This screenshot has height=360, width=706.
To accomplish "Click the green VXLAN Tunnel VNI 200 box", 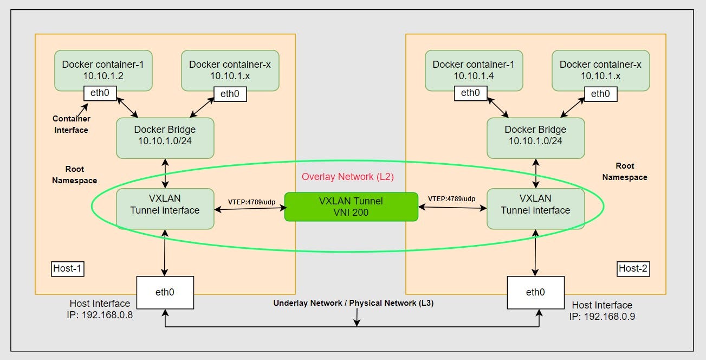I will click(x=351, y=207).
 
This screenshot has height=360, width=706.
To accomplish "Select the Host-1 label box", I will click(x=68, y=268).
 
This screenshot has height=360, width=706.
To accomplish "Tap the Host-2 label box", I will click(x=633, y=268).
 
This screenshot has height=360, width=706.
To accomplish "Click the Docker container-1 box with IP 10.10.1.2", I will click(x=103, y=68).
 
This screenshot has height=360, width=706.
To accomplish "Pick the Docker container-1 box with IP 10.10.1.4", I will click(x=474, y=68).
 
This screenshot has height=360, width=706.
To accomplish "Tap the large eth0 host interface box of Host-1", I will click(x=164, y=292).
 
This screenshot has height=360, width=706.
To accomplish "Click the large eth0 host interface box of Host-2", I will click(x=535, y=292).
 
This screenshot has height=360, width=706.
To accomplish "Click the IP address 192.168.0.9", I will click(x=602, y=316).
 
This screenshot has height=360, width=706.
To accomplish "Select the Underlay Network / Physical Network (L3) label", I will click(x=353, y=303).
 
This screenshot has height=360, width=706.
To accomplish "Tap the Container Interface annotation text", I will click(x=71, y=124).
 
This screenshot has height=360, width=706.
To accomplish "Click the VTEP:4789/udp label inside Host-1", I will click(x=251, y=201).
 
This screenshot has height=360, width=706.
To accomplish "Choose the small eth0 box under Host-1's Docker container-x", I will click(x=230, y=94).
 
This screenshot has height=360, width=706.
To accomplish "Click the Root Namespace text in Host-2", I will click(x=624, y=171).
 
